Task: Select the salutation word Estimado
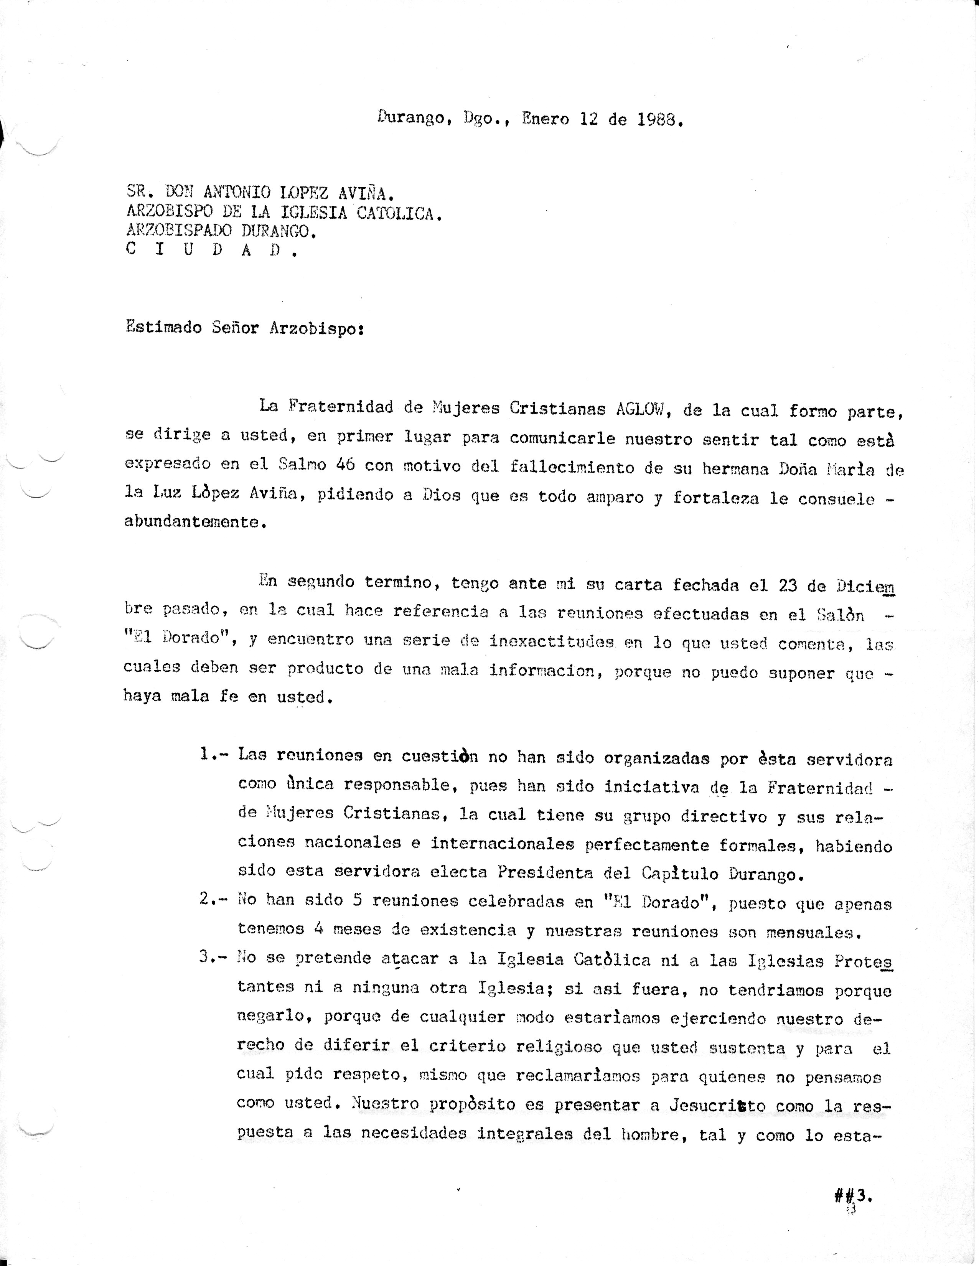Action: (x=163, y=328)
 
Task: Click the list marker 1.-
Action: (x=214, y=755)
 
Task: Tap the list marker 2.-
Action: (x=214, y=900)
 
